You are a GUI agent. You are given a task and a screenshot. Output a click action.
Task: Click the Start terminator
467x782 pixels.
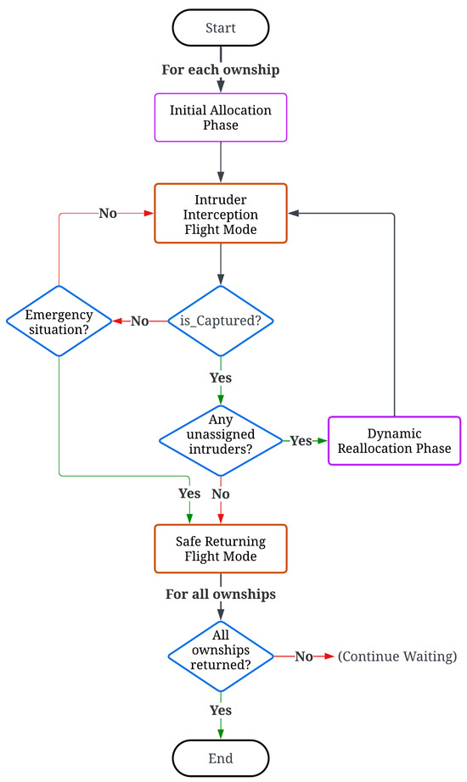point(221,28)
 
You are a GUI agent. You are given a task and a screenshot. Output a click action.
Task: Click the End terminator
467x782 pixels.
point(221,757)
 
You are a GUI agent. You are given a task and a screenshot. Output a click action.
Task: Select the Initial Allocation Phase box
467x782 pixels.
point(221,117)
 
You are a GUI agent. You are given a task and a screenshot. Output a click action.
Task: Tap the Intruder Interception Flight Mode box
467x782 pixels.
point(221,214)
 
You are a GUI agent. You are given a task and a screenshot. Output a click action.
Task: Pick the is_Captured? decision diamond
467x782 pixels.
point(221,321)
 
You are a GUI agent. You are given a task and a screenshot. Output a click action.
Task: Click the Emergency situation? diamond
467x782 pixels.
point(59,321)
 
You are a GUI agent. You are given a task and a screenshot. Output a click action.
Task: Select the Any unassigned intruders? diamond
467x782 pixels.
point(221,439)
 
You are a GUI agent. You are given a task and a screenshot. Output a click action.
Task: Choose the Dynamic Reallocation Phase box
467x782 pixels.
point(395,439)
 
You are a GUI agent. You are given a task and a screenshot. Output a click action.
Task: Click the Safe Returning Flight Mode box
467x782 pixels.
point(221,550)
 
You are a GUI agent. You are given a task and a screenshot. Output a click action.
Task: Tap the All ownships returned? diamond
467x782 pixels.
point(221,656)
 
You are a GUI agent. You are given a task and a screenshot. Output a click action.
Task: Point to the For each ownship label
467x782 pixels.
point(220,70)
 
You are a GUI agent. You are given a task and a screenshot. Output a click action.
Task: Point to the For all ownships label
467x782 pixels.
point(221,595)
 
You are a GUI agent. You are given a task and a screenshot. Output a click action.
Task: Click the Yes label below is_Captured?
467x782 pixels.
point(221,377)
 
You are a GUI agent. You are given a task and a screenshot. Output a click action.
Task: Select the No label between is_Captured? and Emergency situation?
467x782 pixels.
point(139,321)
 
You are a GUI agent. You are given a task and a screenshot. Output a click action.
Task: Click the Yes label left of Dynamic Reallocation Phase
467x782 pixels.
point(301,440)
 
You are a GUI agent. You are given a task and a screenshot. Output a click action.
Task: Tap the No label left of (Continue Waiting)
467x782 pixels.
point(304,656)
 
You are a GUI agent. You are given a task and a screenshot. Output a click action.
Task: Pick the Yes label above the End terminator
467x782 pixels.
point(221,709)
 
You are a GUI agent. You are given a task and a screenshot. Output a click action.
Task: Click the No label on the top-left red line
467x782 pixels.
point(108,214)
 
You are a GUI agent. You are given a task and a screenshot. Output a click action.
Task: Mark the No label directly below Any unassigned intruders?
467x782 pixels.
point(221,493)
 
